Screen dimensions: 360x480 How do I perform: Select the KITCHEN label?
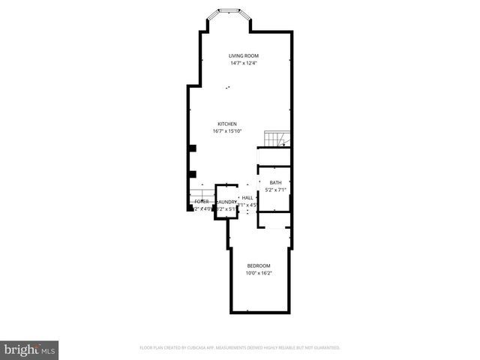coord(227,124)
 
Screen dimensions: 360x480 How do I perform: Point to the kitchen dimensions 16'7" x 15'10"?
coord(227,130)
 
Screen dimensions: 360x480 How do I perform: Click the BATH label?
coord(275,183)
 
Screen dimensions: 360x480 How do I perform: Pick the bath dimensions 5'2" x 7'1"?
coord(275,190)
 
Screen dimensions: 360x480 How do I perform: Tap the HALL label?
coord(247,197)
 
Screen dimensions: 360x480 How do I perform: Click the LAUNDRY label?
coord(226,202)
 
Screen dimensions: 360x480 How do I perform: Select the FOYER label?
coord(201,202)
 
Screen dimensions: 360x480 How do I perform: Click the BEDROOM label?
coord(259,266)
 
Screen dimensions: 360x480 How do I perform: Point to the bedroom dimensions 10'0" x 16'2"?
coord(259,273)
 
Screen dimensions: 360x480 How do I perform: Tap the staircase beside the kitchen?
coord(275,139)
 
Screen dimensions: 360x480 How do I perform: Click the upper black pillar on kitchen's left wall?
coord(193,148)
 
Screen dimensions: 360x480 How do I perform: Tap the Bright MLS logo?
coord(29,349)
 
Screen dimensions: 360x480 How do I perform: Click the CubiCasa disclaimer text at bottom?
coord(240,348)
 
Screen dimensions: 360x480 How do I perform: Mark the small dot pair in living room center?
coord(227,88)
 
